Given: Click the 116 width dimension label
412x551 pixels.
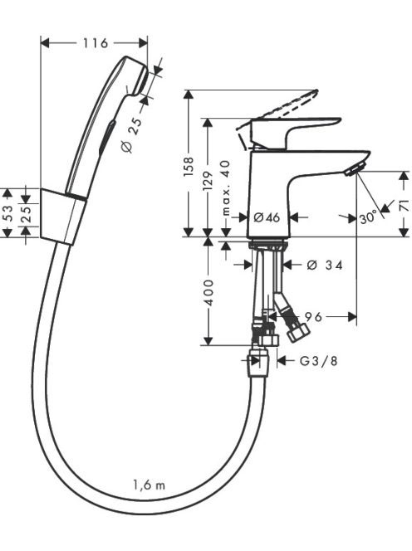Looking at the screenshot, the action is (x=95, y=43).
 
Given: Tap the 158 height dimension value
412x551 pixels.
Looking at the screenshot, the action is (x=189, y=167).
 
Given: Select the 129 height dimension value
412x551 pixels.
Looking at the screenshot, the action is (x=208, y=181).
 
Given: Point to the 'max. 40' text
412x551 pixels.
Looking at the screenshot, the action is (x=226, y=188).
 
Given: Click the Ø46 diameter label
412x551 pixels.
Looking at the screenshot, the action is (x=267, y=217).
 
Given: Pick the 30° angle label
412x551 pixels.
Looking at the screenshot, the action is (x=368, y=218).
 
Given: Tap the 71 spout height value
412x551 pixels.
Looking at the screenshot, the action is (x=405, y=205).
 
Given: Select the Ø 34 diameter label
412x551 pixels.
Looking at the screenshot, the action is (x=325, y=265).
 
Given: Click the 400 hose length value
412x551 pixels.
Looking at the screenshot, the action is (x=208, y=292).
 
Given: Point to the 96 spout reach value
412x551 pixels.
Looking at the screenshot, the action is (x=313, y=317).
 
